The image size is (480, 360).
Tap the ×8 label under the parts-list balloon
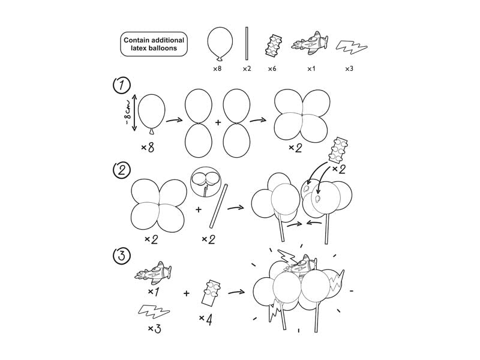[218, 69]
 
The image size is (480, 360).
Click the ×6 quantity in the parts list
[273, 69]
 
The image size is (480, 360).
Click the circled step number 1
[122, 86]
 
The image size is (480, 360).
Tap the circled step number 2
[122, 170]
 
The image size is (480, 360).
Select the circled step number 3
[122, 256]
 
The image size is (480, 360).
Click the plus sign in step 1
[218, 122]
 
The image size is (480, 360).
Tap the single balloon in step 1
[151, 113]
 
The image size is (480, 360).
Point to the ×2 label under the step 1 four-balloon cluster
[295, 148]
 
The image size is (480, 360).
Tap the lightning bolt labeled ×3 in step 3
[153, 311]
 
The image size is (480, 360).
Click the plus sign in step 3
[187, 293]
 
